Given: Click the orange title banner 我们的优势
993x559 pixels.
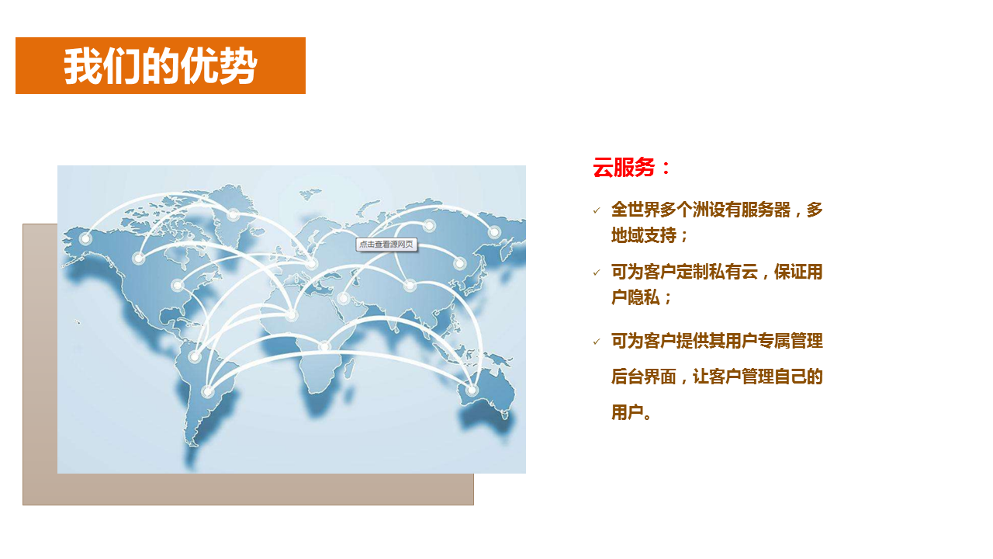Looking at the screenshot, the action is [161, 66].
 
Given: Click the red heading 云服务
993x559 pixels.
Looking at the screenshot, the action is [624, 168].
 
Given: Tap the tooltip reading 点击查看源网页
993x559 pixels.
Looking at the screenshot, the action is [386, 245].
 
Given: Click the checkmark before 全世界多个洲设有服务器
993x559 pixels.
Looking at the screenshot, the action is [597, 210].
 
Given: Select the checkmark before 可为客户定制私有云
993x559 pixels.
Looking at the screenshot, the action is [597, 273].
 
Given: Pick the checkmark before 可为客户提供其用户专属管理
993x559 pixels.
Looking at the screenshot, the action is [597, 342].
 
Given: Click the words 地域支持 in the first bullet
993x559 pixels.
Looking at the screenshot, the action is [644, 235].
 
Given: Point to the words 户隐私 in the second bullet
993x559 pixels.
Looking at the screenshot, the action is [635, 297].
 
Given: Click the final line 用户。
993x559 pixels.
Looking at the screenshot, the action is [631, 412].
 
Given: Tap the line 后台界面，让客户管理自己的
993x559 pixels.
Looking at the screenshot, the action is [717, 377].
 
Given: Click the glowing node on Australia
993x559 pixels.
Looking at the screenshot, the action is [472, 390].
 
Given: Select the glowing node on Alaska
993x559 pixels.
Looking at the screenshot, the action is [85, 238].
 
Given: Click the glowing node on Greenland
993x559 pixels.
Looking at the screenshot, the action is [234, 215].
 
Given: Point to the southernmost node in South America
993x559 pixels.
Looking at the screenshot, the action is [207, 391].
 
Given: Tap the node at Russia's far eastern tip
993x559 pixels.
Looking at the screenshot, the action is [494, 231].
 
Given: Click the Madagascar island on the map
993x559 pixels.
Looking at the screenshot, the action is [349, 369].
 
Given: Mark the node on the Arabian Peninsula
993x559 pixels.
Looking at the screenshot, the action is [344, 298].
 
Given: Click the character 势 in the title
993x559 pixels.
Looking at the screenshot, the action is [238, 66].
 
